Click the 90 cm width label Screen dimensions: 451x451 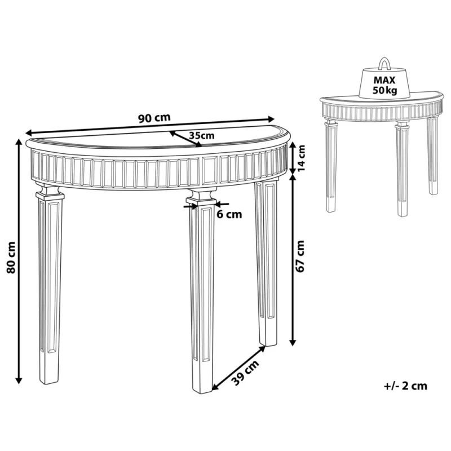pyautogui.click(x=154, y=118)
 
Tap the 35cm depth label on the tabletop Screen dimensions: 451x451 pyautogui.click(x=202, y=135)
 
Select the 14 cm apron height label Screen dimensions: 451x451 pyautogui.click(x=301, y=158)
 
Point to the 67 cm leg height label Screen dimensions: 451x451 pyautogui.click(x=300, y=257)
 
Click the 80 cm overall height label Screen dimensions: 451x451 pyautogui.click(x=11, y=258)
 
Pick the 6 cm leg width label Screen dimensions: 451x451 pyautogui.click(x=229, y=214)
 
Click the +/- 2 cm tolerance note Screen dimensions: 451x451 pyautogui.click(x=405, y=386)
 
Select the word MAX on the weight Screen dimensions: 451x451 pyautogui.click(x=384, y=80)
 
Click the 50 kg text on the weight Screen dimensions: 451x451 pyautogui.click(x=385, y=90)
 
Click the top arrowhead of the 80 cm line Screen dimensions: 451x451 pyautogui.click(x=19, y=142)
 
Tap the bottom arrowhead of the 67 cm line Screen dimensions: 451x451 pyautogui.click(x=293, y=342)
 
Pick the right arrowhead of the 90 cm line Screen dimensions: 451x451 pyautogui.click(x=271, y=118)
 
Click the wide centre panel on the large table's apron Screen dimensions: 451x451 pyautogui.click(x=210, y=170)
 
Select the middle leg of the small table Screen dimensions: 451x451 pyautogui.click(x=403, y=169)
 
